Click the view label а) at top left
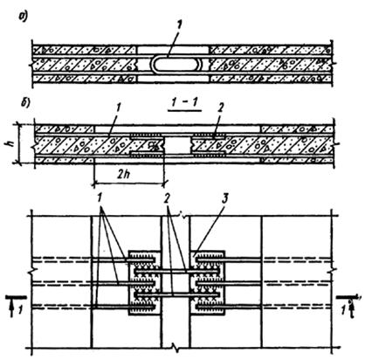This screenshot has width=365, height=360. pyautogui.click(x=23, y=17)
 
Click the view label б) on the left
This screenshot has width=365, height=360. pyautogui.click(x=23, y=104)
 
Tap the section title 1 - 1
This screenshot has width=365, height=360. pyautogui.click(x=184, y=104)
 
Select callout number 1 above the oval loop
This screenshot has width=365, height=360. pyautogui.click(x=179, y=29)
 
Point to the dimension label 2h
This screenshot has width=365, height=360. pyautogui.click(x=128, y=175)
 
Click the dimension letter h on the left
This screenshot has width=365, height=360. pyautogui.click(x=11, y=143)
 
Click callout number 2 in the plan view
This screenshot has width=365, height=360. pyautogui.click(x=167, y=199)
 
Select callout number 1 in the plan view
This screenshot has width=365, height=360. pyautogui.click(x=100, y=199)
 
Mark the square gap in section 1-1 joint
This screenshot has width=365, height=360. pyautogui.click(x=177, y=146)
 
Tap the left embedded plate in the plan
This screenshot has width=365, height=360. pyautogui.click(x=144, y=282)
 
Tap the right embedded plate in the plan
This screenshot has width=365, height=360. pyautogui.click(x=207, y=282)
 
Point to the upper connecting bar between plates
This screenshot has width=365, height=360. pyautogui.click(x=176, y=272)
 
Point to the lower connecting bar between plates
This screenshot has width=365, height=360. pyautogui.click(x=176, y=294)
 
